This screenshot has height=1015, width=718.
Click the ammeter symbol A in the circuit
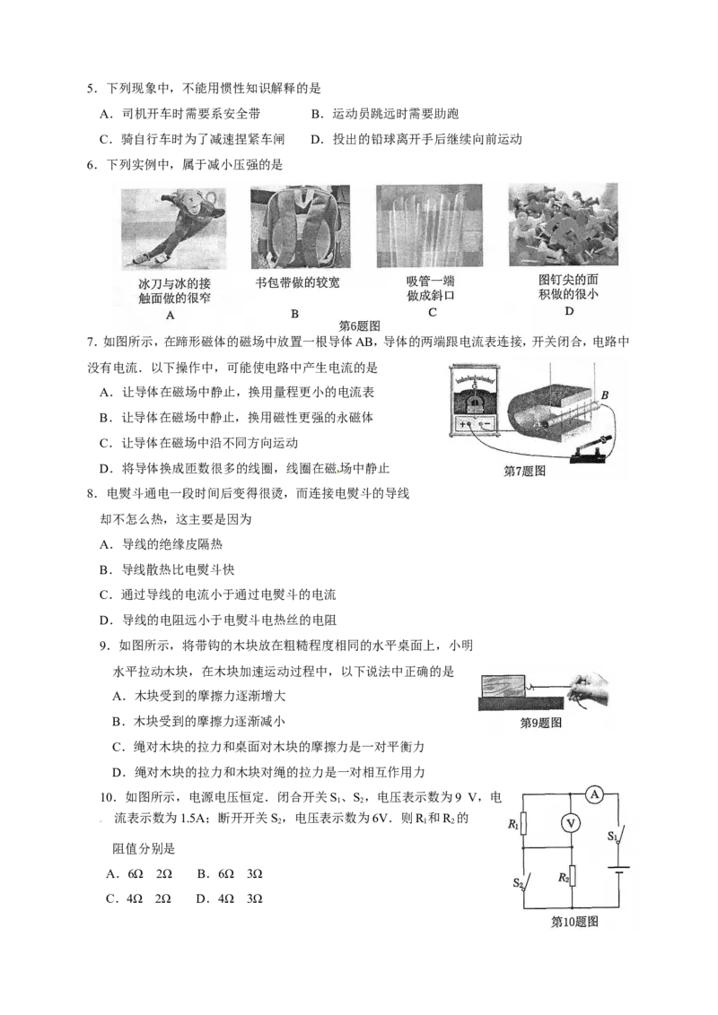593,793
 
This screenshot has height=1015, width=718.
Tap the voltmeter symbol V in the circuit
565,821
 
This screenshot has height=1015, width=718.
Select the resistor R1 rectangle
525,824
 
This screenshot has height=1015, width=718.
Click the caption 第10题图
574,922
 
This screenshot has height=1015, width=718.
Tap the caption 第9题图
541,723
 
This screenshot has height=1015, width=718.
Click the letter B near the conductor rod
605,395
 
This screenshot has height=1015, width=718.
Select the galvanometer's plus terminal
464,424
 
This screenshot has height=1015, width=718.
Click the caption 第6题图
360,326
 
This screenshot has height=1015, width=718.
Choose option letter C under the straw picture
432,313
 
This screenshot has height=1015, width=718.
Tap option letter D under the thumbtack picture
568,311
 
